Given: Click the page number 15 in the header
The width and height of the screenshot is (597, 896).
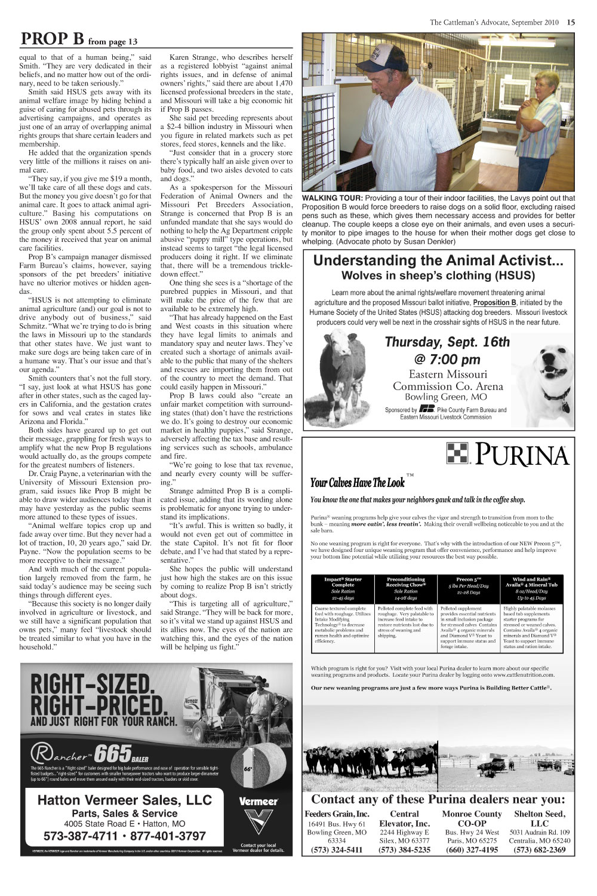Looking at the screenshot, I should pos(571,23).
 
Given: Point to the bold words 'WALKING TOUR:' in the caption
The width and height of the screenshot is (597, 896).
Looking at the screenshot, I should pos(332,198).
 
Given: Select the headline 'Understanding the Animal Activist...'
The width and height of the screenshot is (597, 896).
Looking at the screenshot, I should pos(438,260).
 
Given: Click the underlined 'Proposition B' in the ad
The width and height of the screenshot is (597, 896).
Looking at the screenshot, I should pos(495,303).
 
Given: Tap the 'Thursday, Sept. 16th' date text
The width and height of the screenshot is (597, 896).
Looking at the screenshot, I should pos(447,342).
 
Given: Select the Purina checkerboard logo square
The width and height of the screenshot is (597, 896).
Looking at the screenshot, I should pos(458,455).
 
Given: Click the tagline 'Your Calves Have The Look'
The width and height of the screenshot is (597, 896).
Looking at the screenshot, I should pos(357,483).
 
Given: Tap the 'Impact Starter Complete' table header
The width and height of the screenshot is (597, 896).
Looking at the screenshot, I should pos(343,582).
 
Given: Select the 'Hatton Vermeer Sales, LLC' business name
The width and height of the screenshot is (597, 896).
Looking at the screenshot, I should pos(124,800).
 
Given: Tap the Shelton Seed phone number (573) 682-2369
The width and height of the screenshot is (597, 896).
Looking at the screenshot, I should pos(539,850).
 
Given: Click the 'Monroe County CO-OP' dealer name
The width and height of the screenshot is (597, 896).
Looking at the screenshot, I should pos(472,818).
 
